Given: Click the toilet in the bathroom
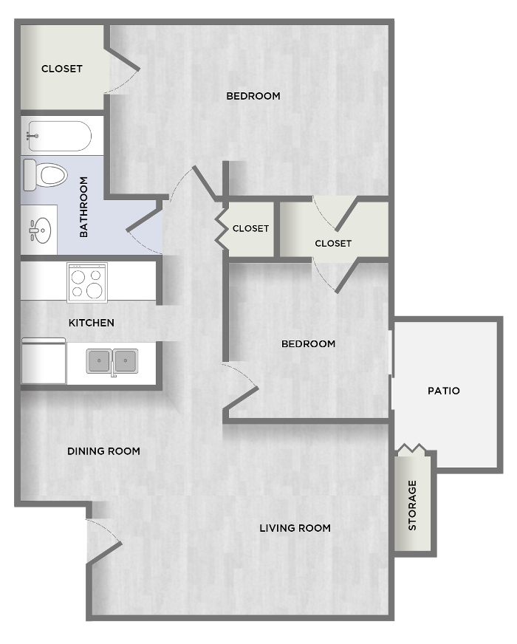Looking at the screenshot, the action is pos(45,175).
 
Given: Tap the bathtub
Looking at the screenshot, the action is pos(59,136).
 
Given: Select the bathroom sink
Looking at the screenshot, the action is pos(40,230).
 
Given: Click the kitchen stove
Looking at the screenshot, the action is pos(87,283).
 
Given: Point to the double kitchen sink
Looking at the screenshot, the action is pos(112,361).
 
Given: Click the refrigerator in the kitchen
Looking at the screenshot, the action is pos(44,361).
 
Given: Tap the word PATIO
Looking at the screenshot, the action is pos(443,391).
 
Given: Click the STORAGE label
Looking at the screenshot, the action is pos(412,505).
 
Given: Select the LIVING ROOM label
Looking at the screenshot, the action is pos(295,528).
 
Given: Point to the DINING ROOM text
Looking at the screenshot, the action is pos(103,451).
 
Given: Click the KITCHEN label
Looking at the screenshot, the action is pos(91,323).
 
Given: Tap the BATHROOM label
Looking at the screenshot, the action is pos(83,207).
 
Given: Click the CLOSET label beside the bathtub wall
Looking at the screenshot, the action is pos(61,69).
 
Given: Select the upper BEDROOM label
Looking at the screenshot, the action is pos(253,96).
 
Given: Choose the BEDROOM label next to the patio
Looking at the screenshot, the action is pos(308,343).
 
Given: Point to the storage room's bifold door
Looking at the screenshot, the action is pos(412,448).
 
